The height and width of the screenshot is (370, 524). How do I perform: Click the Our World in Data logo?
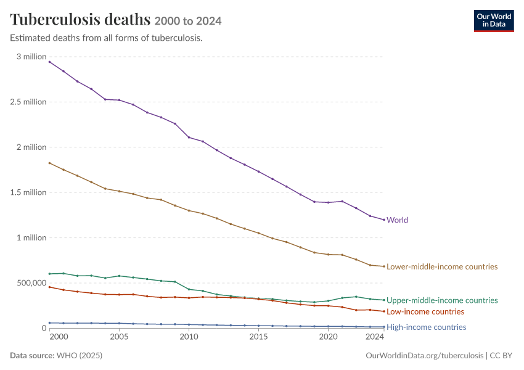pos(494,21)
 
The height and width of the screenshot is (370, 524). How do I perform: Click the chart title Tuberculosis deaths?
pos(80,19)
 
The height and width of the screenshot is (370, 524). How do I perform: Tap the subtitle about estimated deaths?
pos(106,38)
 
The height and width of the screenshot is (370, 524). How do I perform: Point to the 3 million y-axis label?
pos(31,57)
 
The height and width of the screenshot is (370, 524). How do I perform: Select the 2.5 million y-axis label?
pos(28,102)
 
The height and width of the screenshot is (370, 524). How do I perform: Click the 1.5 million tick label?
pos(28,192)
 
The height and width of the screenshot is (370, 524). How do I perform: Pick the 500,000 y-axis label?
pos(31,283)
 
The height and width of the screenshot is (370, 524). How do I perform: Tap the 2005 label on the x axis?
pos(119,337)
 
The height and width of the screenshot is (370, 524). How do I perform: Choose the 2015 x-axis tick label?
pos(258,337)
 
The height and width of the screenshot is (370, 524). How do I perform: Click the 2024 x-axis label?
pos(375,337)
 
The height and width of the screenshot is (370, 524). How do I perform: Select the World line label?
pos(398,220)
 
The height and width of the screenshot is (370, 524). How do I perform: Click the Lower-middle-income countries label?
pos(442,267)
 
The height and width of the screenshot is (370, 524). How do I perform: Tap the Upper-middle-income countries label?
pos(442,300)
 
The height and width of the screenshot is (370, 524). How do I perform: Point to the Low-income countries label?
pos(425,311)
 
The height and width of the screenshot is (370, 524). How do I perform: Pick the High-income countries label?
pos(427,327)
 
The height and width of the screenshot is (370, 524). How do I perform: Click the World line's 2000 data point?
pos(49,62)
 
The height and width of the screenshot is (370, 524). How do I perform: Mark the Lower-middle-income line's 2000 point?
pos(49,163)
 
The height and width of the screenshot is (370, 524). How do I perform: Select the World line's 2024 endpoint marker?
pos(384,220)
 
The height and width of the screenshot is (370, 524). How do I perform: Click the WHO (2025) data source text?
pos(80,355)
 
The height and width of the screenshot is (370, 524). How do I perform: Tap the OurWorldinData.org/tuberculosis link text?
pos(424,355)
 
